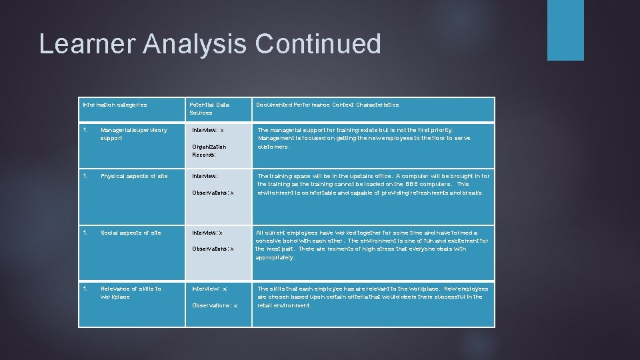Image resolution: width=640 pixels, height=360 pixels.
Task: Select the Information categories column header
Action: pos(114,105)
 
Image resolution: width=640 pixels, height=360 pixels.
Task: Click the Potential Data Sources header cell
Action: pos(209,109)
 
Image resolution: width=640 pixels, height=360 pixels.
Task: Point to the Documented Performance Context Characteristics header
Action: pos(327,105)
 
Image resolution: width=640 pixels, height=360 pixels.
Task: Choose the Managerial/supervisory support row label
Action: pos(133,134)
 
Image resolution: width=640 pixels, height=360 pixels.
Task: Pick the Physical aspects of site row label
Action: pos(134,176)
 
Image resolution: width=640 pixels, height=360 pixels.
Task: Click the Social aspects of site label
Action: pos(131,233)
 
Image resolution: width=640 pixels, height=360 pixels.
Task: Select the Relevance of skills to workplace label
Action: pos(131,293)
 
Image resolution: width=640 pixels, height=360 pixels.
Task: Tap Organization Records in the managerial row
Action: pos(209,151)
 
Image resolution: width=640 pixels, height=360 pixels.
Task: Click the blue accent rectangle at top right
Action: pos(565,30)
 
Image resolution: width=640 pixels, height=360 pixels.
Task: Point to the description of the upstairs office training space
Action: pos(373,184)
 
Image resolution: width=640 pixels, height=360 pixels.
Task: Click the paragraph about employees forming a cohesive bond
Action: pos(372,245)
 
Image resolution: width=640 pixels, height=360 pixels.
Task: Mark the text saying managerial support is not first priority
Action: pos(364,138)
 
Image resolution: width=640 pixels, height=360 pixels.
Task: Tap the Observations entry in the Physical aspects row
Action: pos(213,193)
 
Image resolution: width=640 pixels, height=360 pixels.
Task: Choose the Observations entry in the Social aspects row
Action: pos(213,249)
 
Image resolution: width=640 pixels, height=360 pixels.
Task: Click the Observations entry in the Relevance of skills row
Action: pos(215,305)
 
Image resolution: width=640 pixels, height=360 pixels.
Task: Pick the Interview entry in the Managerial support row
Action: pos(208,130)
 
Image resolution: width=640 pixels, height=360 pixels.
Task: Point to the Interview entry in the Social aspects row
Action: pos(207,233)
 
